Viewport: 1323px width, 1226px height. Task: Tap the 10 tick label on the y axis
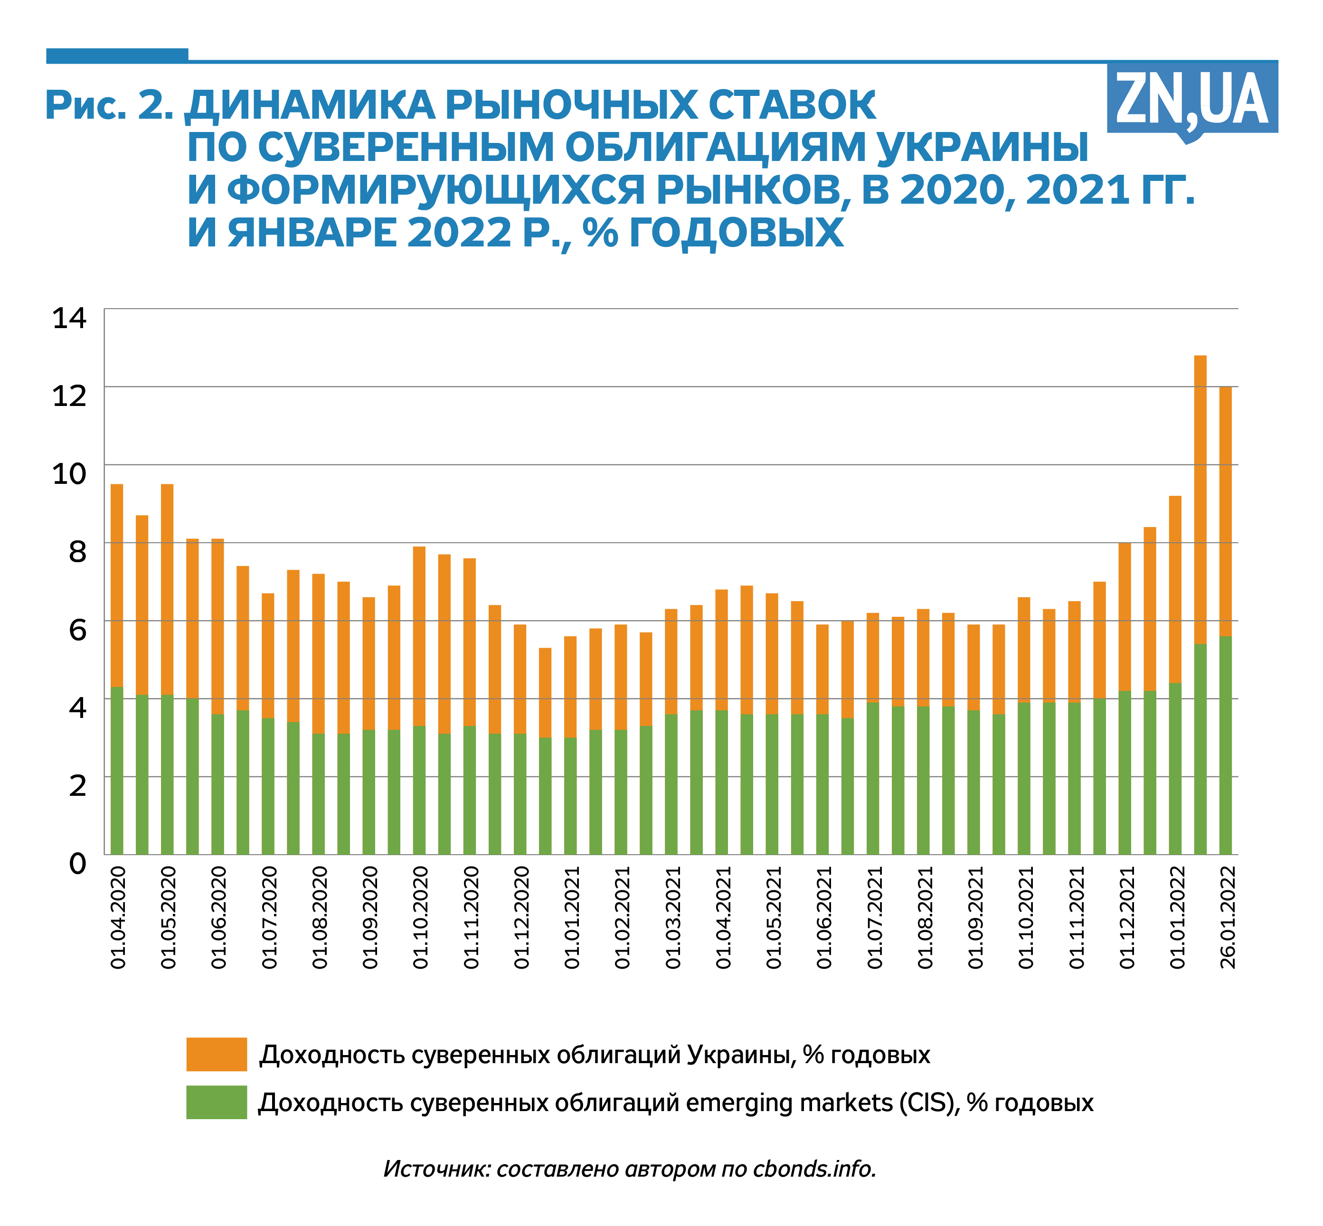coord(69,474)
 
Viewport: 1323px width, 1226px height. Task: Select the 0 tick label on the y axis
coord(77,864)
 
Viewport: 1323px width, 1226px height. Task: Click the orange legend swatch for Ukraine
coord(216,1054)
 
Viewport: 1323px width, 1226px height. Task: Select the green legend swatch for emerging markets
coord(216,1102)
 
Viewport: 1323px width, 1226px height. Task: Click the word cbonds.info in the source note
coord(814,1168)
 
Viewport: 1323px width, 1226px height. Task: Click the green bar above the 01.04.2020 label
coord(117,770)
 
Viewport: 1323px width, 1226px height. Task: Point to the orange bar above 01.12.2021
coord(1124,617)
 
